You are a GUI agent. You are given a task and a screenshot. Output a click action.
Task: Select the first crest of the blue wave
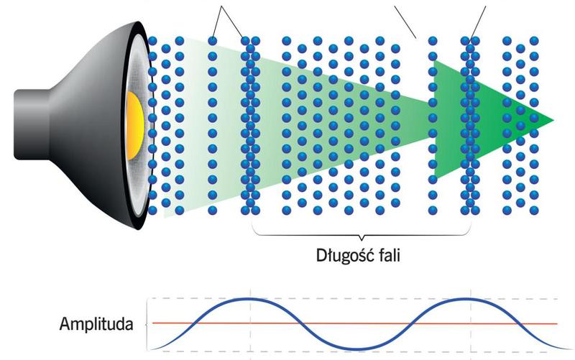[x=249, y=298]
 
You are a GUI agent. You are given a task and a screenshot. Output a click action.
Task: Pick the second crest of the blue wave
[x=469, y=298]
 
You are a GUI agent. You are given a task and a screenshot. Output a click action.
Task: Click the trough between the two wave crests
[x=359, y=349]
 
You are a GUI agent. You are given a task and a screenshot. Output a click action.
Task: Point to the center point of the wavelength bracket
[x=362, y=238]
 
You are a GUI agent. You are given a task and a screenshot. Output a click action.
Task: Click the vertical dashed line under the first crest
[x=249, y=331]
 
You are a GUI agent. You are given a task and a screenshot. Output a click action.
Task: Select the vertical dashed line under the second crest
[x=469, y=331]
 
